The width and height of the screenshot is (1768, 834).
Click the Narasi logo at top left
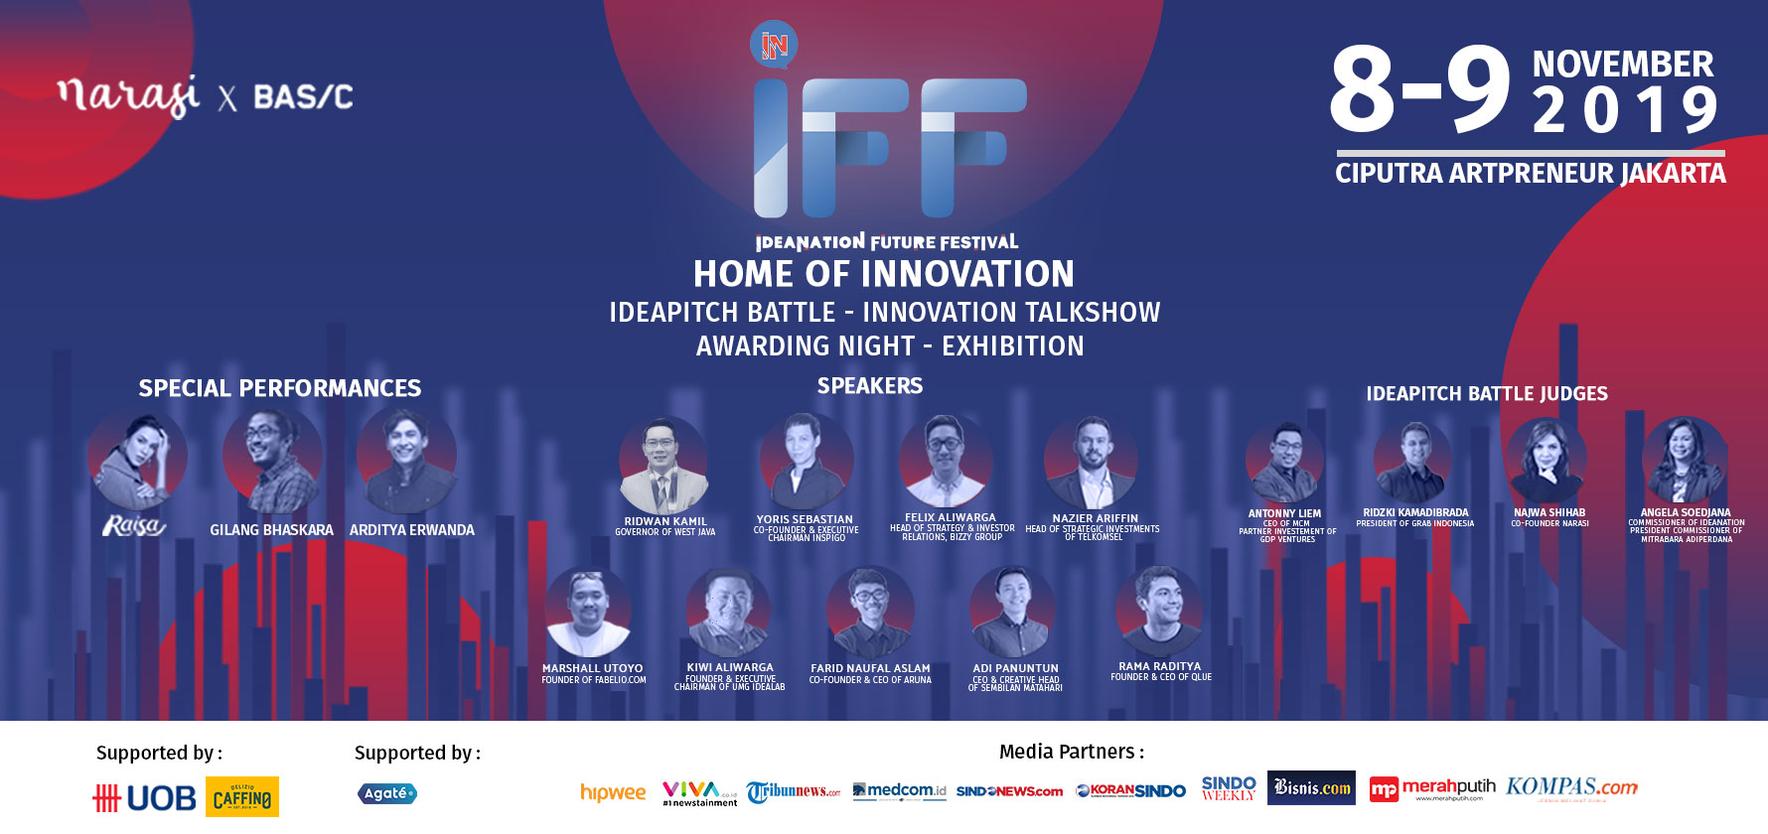[x=129, y=95]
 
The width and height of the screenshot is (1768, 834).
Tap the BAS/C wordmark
[x=303, y=97]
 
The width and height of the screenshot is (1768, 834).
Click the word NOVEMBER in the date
[x=1622, y=65]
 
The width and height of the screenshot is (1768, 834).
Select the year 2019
[x=1624, y=110]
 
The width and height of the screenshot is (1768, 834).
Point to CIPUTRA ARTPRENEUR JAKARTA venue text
[x=1530, y=174]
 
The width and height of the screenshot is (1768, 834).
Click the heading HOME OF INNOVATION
[x=883, y=274]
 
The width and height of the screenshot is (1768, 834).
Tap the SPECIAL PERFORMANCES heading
[x=279, y=388]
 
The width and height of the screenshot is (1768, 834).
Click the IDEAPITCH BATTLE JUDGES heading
[x=1486, y=394]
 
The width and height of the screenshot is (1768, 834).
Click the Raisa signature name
[x=133, y=525]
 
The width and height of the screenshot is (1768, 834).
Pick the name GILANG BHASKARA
[x=271, y=530]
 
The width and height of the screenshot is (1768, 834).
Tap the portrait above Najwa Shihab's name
[x=1547, y=459]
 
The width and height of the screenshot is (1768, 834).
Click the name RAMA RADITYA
[x=1159, y=666]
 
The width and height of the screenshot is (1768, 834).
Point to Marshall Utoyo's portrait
[x=588, y=612]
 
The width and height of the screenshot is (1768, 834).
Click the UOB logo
[x=145, y=797]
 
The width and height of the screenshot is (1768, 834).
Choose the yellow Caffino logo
[x=242, y=797]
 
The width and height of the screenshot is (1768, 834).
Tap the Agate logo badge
[x=386, y=793]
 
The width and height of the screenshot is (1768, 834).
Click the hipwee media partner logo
[x=613, y=792]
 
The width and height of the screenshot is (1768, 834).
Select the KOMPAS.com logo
[x=1571, y=787]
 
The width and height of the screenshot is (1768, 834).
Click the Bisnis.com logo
[x=1311, y=788]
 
